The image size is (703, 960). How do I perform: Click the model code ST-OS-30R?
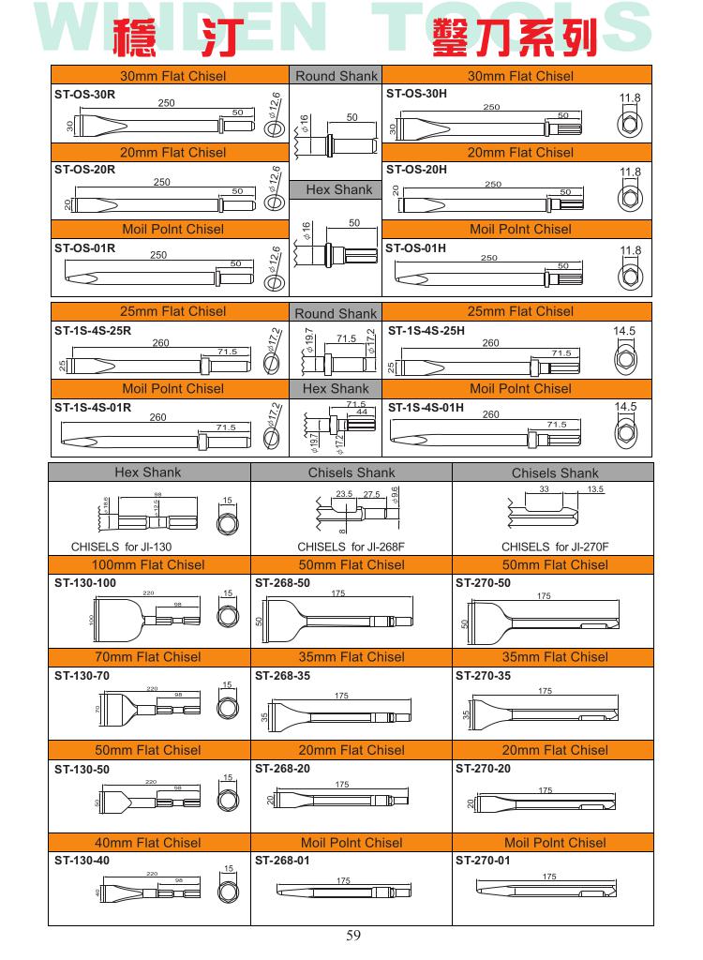84,94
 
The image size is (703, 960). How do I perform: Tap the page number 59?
353,934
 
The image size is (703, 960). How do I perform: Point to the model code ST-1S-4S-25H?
426,330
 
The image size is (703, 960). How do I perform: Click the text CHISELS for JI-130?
122,547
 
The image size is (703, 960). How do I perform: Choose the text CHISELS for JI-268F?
352,547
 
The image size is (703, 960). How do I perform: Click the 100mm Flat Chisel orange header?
148,564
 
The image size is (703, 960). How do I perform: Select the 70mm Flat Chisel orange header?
148,657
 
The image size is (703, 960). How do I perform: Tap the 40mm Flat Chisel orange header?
148,843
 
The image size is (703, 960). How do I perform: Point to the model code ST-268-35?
282,675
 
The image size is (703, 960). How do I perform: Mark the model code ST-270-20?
484,768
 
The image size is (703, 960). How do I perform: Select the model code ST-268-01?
282,860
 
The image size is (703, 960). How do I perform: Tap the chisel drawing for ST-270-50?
544,620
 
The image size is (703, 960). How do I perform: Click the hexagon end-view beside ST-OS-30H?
631,122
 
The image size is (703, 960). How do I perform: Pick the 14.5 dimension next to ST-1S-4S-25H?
624,331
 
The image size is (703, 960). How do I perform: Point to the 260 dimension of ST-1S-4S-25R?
160,343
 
